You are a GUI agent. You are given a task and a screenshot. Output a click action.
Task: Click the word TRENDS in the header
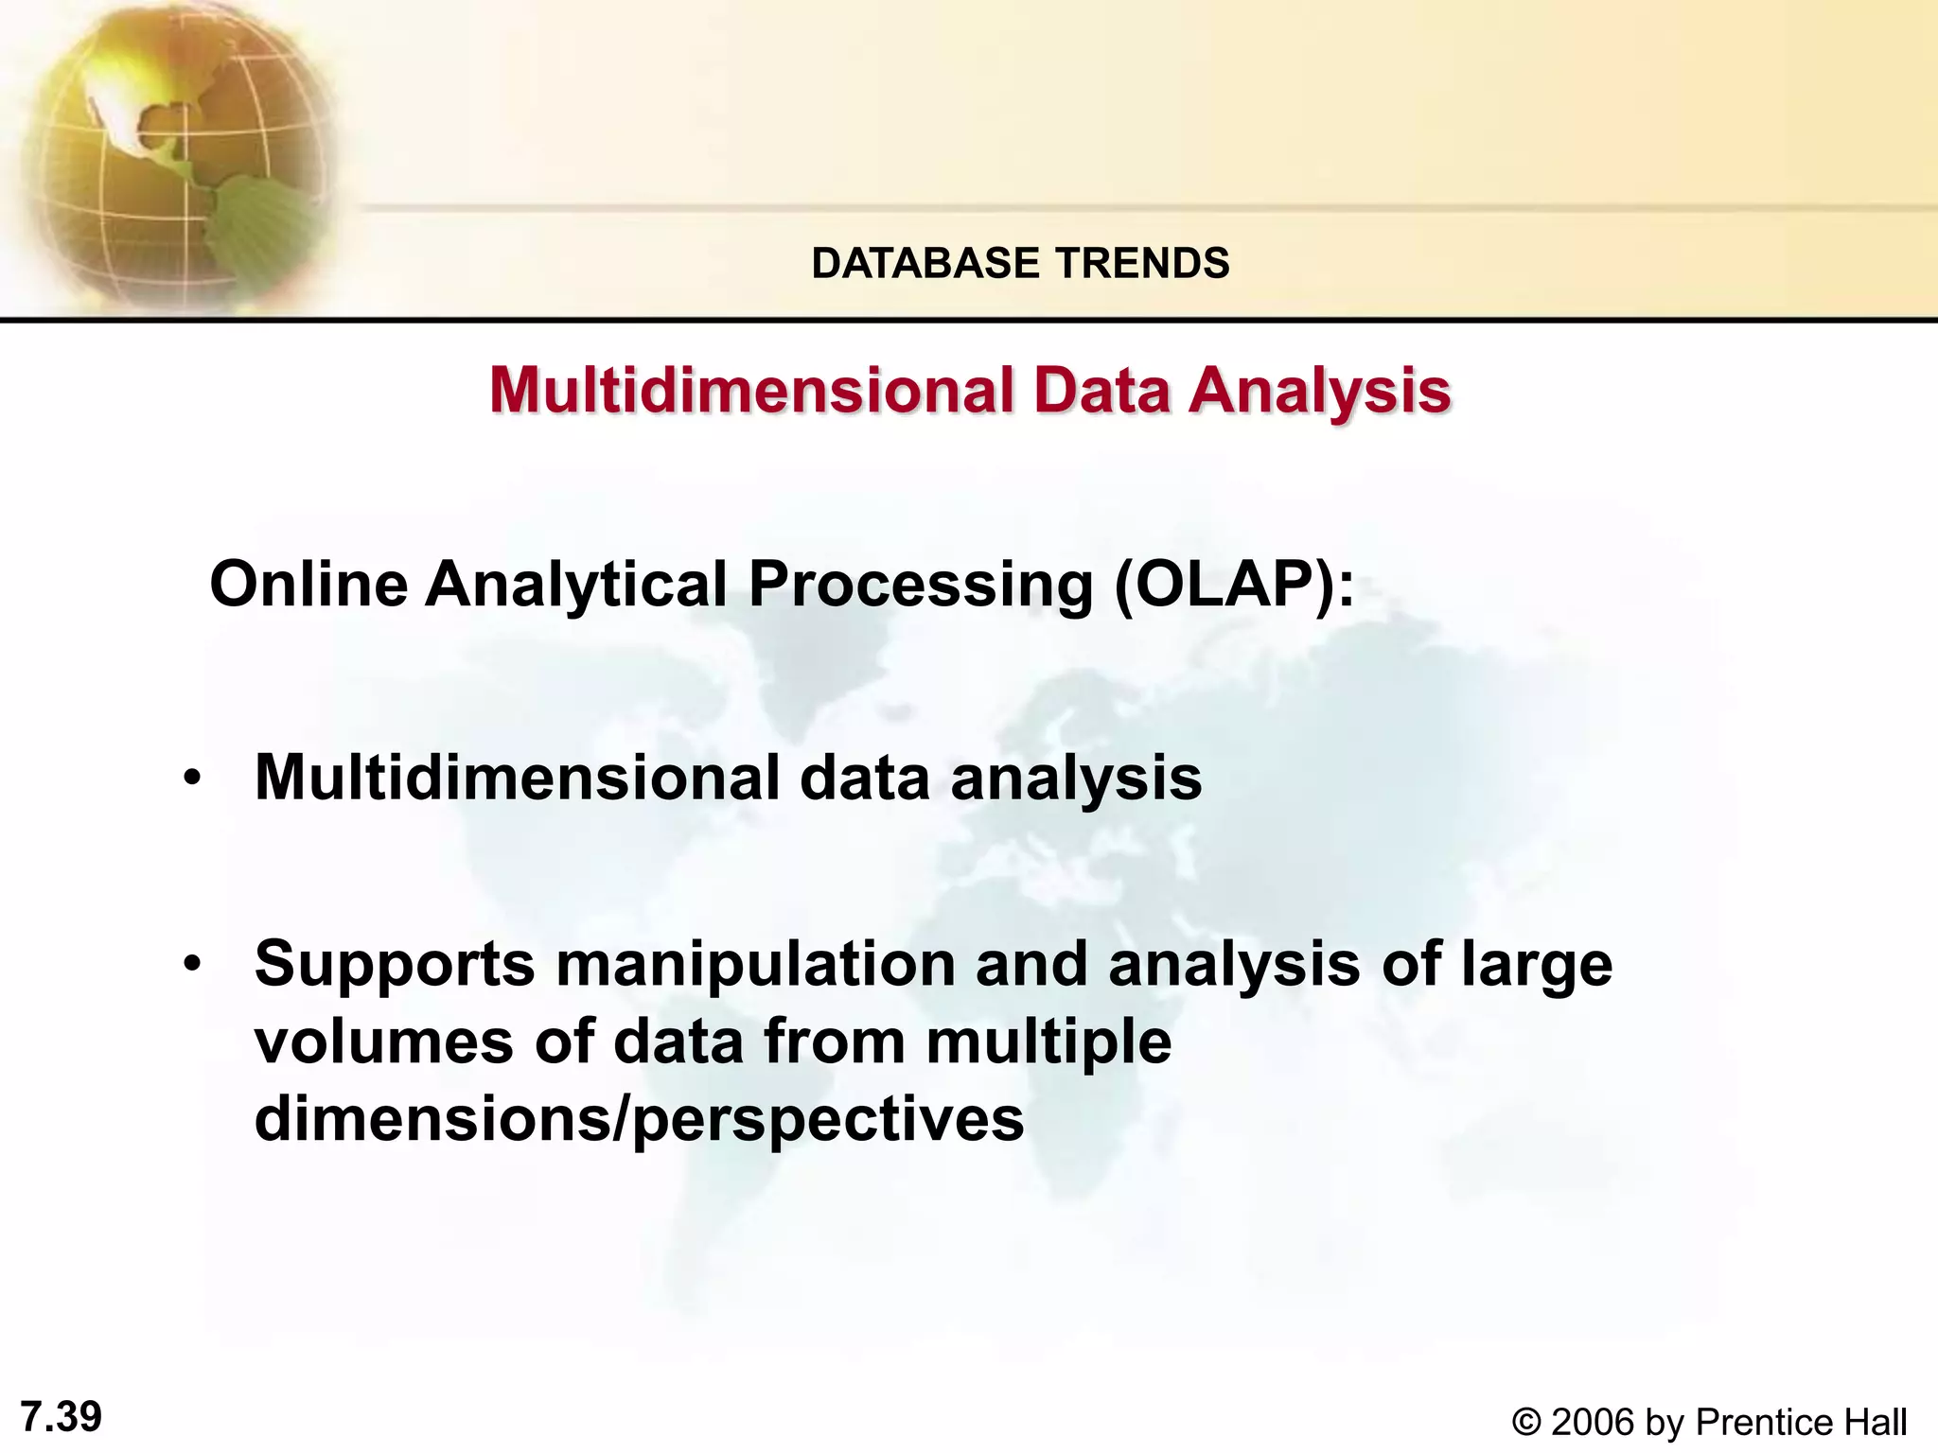click(x=1141, y=263)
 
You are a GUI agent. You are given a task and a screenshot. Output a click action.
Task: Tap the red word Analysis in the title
click(x=1319, y=391)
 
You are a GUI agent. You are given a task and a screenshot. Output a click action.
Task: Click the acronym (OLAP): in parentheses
click(x=1234, y=585)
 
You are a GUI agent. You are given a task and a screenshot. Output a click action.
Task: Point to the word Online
click(x=308, y=584)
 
